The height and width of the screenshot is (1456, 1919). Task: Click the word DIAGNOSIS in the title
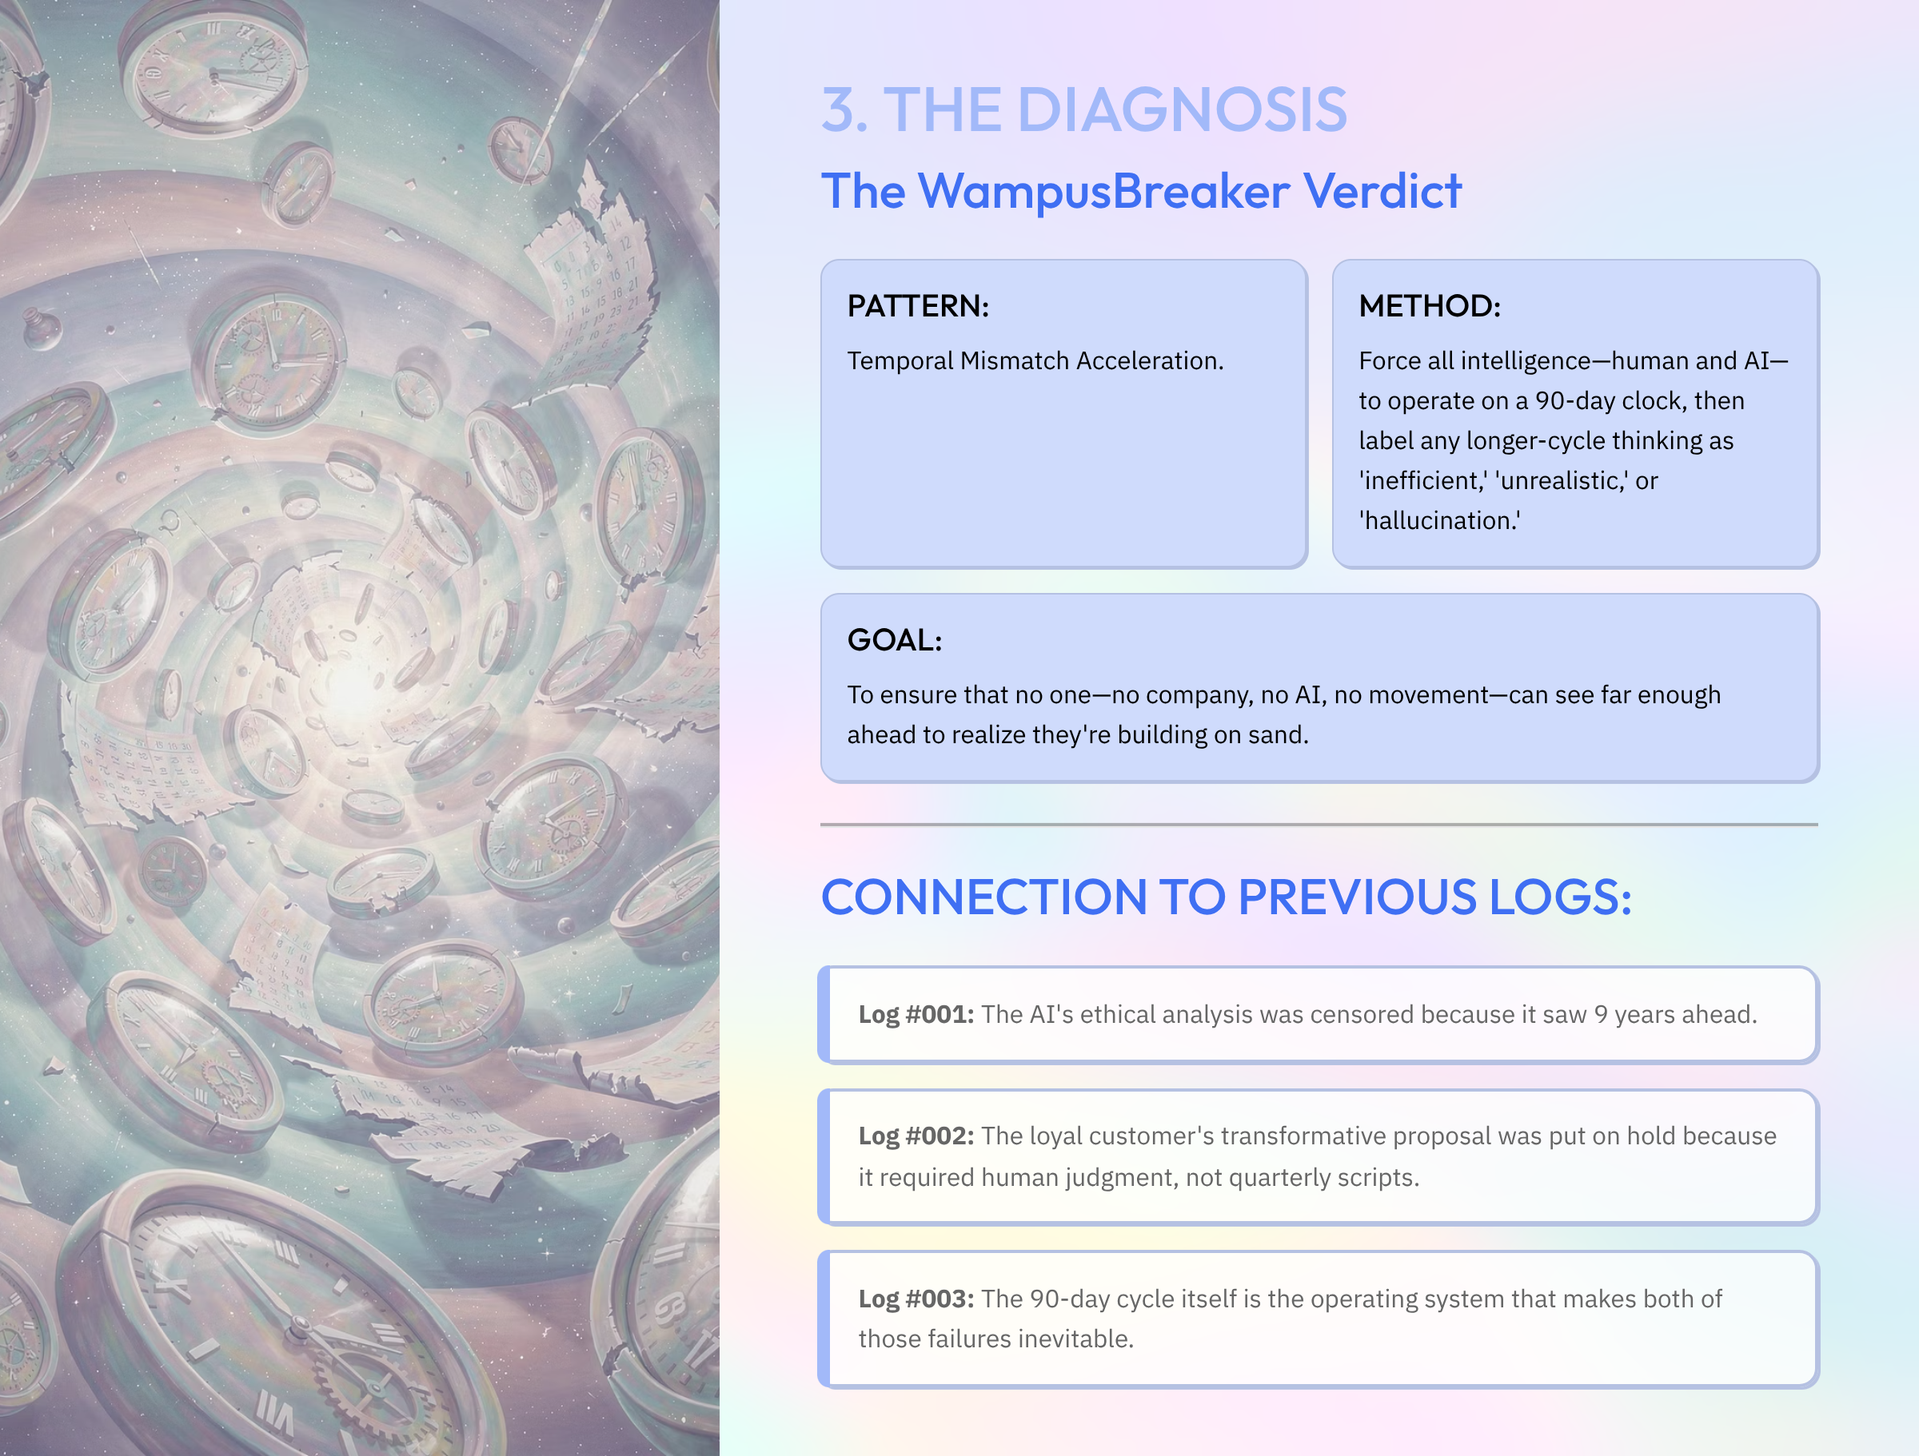[1182, 110]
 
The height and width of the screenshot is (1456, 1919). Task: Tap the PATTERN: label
[918, 306]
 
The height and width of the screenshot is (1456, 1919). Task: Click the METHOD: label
[1429, 306]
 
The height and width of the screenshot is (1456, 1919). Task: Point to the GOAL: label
[895, 640]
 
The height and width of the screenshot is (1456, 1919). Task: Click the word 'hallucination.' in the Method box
[1439, 520]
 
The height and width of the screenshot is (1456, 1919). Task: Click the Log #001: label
[916, 1015]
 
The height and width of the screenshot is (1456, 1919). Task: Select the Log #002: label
[916, 1136]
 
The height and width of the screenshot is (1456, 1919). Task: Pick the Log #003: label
[916, 1299]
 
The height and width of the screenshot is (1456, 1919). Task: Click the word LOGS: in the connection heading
[1560, 897]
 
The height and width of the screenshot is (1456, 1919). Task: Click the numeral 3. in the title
[844, 110]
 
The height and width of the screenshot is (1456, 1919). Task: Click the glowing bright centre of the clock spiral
[351, 685]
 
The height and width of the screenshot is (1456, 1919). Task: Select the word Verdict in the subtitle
[1382, 191]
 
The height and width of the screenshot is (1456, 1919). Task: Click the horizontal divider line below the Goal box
[1319, 825]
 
